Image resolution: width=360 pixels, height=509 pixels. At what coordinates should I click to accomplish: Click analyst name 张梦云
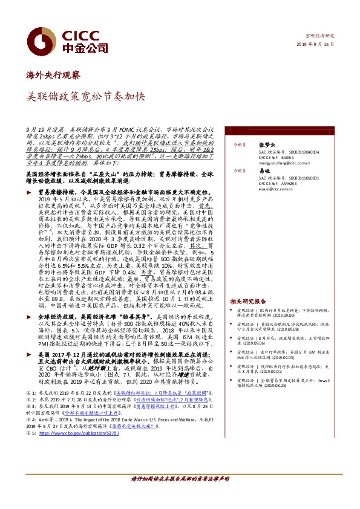[x=266, y=145]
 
